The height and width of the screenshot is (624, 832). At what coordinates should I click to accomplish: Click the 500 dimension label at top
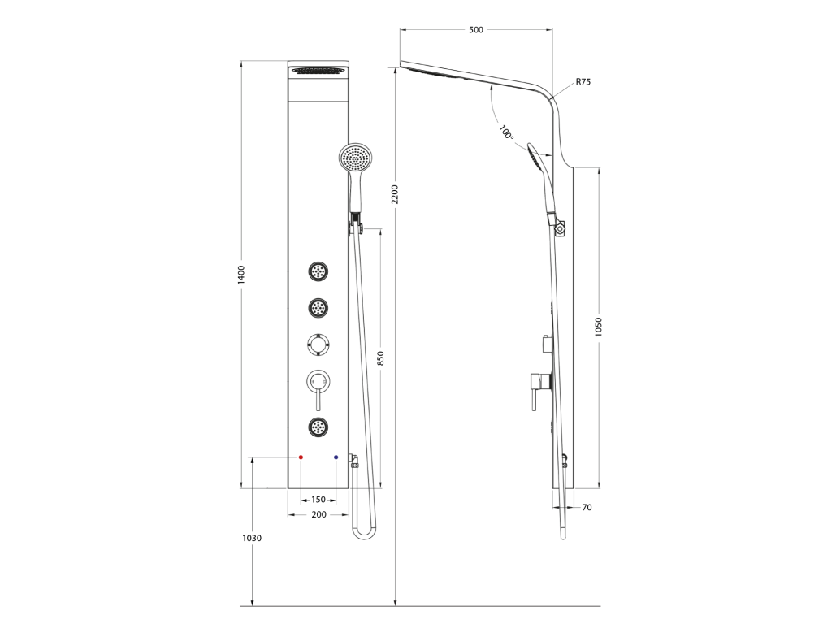(476, 30)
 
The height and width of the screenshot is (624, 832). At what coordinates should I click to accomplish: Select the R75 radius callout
(583, 82)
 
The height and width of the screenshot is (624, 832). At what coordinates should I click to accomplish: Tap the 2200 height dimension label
(394, 194)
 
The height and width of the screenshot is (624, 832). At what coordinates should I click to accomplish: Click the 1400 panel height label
(241, 275)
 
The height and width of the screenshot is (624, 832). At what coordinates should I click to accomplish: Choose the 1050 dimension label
(599, 327)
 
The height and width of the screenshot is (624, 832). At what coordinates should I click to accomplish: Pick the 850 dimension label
(380, 358)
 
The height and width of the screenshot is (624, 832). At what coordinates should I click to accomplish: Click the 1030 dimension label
(252, 538)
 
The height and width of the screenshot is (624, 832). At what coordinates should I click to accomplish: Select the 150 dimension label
(318, 500)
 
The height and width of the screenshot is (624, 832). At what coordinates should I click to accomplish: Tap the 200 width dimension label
(318, 514)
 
